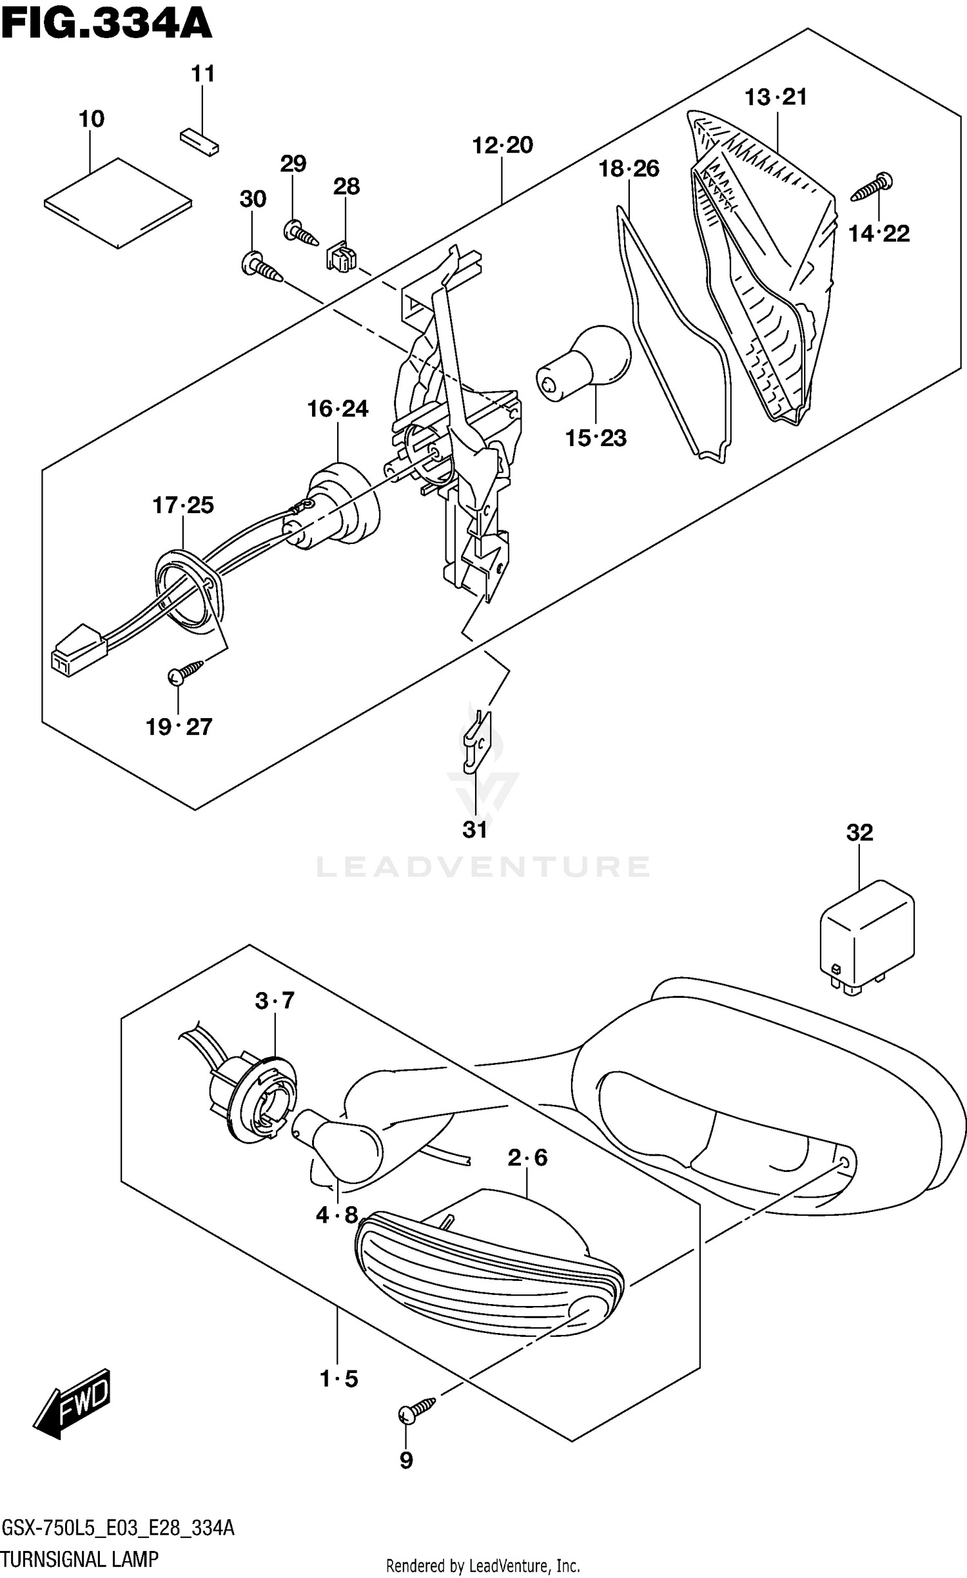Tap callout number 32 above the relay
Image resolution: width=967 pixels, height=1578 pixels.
tap(859, 832)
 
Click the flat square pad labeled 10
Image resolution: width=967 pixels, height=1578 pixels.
tap(118, 202)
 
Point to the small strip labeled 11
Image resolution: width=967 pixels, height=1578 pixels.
tap(199, 142)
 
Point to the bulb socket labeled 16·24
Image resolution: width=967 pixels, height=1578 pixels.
tap(338, 509)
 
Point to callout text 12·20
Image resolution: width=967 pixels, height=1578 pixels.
tap(502, 145)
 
